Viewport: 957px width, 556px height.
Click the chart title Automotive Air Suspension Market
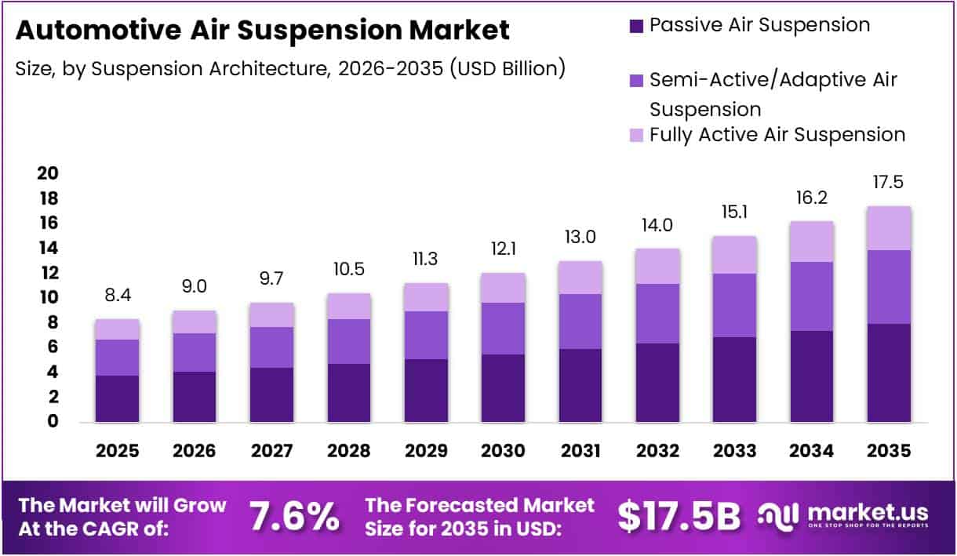coord(263,31)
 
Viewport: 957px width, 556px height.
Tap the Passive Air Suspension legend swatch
coord(636,26)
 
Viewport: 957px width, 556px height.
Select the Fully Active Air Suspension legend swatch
coord(636,135)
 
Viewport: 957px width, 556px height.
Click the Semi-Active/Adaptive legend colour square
coord(636,80)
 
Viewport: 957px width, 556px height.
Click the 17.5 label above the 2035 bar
coord(888,183)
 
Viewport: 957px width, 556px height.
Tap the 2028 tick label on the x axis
coord(348,451)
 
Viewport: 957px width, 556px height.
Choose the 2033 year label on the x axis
coord(734,451)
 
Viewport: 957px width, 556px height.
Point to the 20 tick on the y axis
coord(48,173)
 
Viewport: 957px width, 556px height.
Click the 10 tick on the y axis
coord(48,297)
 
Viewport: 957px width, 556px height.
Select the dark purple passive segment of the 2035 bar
coord(889,372)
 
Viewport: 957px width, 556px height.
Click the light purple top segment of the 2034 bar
coord(812,242)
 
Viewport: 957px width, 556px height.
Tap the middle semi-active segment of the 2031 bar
coord(580,322)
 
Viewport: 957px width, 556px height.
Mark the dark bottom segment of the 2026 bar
coord(195,397)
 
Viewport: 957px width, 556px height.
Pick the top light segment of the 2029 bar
coord(426,297)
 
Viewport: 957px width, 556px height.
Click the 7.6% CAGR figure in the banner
coord(294,517)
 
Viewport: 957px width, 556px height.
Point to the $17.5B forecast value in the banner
coord(679,517)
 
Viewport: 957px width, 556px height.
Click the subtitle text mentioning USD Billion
coord(290,68)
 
